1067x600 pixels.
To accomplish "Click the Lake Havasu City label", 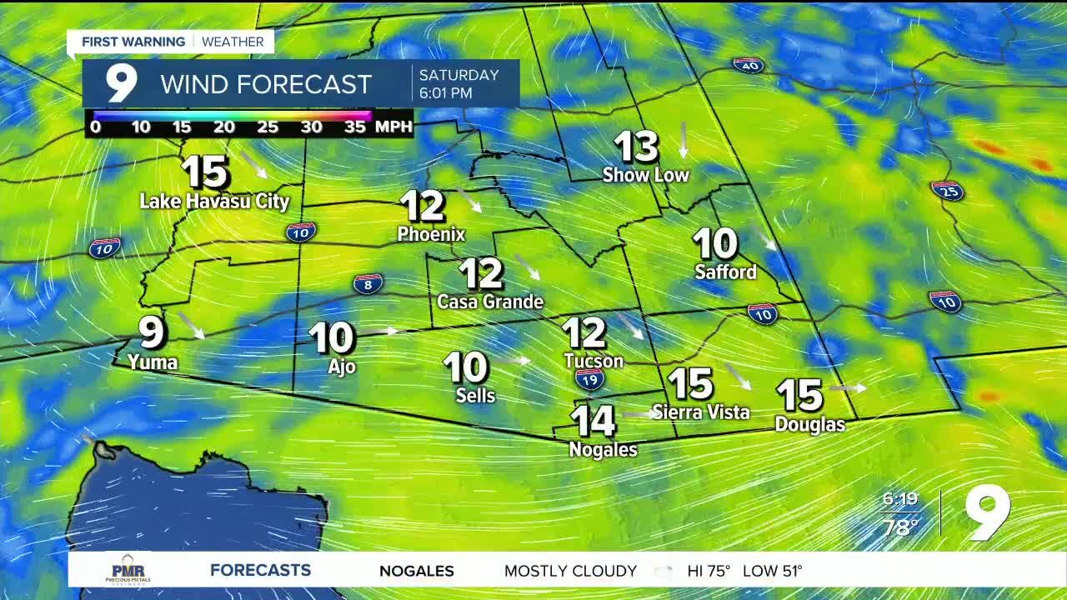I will [214, 201].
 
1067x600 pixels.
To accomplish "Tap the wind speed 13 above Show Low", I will [636, 147].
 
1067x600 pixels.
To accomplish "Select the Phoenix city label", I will [431, 234].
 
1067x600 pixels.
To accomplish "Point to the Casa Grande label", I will [490, 302].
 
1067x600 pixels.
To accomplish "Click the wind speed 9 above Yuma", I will [152, 332].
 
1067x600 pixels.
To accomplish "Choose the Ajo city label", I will [342, 367].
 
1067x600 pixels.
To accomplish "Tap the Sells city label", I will [475, 396].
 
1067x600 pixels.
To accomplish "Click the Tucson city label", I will [594, 361].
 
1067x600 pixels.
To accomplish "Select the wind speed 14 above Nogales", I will [594, 422].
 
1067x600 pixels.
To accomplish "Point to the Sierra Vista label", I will [701, 412].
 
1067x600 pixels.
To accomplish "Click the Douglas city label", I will [809, 424].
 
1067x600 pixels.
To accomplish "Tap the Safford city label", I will [725, 272].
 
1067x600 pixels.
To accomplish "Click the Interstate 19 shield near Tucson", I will [589, 380].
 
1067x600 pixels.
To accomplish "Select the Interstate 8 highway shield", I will [368, 284].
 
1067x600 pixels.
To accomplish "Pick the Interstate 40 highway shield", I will [749, 65].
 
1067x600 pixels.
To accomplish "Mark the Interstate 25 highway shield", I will [947, 191].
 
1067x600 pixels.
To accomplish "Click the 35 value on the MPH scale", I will [355, 127].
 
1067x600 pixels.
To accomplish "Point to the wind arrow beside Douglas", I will [849, 387].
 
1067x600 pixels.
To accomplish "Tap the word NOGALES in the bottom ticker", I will [417, 571].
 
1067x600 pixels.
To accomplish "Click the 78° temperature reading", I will [900, 527].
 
